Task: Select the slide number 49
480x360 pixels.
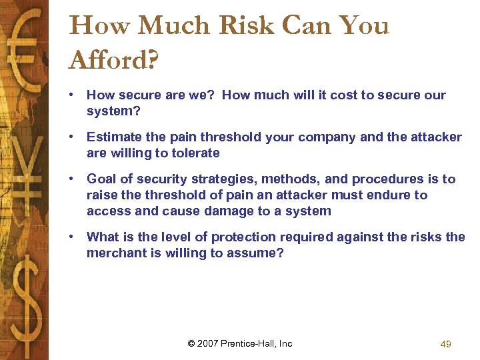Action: [446, 344]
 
